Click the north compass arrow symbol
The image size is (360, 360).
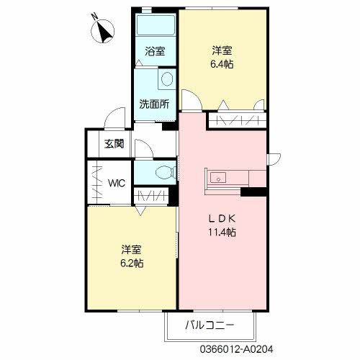coord(104,32)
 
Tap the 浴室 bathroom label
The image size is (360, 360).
coord(155,51)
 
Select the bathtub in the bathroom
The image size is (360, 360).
coord(156,27)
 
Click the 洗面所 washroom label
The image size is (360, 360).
coord(154,103)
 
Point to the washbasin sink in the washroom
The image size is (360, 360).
coord(167,79)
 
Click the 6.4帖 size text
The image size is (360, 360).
coord(222,63)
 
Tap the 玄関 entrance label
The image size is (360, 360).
coord(114,143)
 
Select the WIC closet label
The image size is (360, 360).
coord(117,182)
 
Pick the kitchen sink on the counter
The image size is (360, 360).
coord(219,177)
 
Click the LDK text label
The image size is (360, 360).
coord(222,219)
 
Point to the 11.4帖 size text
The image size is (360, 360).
coord(222,232)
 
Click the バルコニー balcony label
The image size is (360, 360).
coord(210,325)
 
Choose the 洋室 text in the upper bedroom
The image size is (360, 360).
coord(222,50)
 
